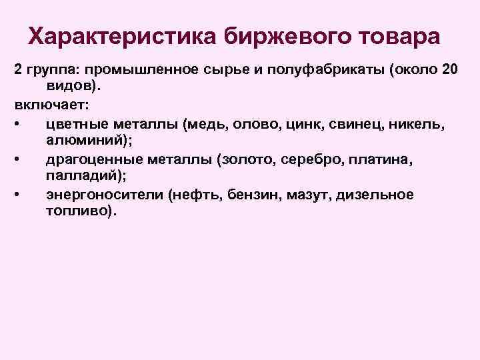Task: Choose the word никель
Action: pyautogui.click(x=421, y=123)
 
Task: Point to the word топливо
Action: pyautogui.click(x=81, y=211)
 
